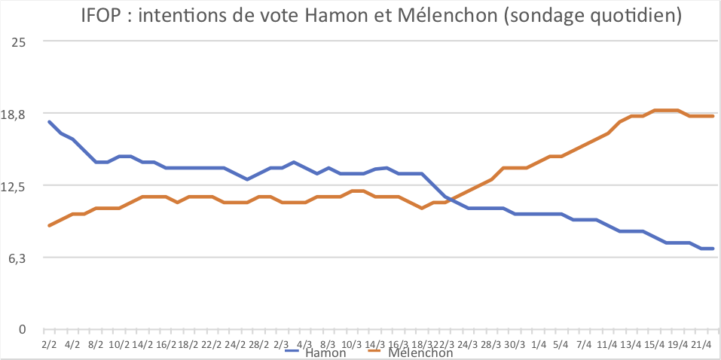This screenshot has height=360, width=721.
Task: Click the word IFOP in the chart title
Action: point(105,17)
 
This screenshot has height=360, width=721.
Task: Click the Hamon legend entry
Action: point(325,352)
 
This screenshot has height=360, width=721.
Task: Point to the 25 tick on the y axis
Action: point(17,41)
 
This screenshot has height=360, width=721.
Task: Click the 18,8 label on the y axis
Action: point(14,114)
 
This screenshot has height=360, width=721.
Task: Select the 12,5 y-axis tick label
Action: point(14,185)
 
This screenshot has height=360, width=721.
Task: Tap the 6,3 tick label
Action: point(17,258)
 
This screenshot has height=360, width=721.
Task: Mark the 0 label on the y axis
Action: point(22,329)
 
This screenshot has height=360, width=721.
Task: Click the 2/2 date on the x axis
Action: point(49,344)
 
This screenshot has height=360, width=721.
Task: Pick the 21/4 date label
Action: point(701,344)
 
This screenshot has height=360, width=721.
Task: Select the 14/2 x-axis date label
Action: point(142,344)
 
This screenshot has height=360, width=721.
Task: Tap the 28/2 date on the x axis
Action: point(258,344)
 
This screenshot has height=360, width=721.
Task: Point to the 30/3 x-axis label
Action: point(515,344)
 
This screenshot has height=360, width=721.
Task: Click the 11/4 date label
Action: point(607,344)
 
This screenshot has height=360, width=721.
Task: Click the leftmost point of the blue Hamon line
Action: point(49,121)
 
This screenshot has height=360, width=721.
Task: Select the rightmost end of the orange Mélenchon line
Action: point(713,116)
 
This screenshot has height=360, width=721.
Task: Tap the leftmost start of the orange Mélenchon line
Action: point(49,225)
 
